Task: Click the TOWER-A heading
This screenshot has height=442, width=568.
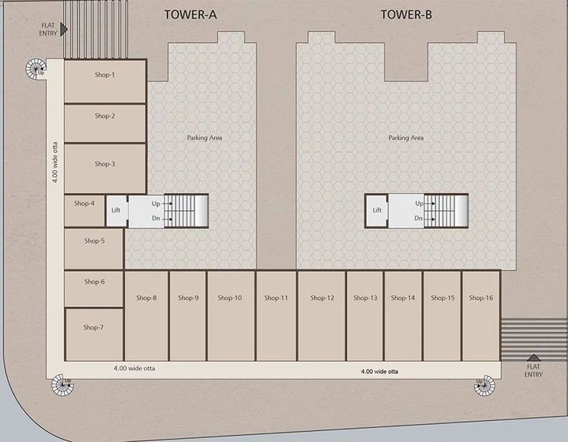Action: point(191,15)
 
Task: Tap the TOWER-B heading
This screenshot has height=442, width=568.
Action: point(406,15)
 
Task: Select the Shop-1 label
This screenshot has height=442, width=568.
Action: point(105,75)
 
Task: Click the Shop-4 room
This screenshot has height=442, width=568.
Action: point(84,211)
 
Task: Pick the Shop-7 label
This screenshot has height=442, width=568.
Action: point(94,327)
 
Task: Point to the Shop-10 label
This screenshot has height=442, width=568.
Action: point(230,298)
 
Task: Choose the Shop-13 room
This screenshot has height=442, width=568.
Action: point(365,315)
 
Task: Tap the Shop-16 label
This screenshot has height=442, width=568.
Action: point(481,298)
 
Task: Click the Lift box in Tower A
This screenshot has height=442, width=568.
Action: point(116,211)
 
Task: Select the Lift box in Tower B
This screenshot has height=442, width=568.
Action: point(377,211)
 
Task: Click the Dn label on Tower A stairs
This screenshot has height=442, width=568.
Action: point(155,219)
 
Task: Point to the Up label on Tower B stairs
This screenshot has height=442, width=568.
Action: point(419,204)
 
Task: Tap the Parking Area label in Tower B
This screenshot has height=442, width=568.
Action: point(405,138)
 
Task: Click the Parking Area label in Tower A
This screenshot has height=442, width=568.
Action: point(204,138)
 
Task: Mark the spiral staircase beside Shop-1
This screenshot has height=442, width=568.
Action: point(35,69)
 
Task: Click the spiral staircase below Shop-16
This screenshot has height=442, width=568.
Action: point(484,386)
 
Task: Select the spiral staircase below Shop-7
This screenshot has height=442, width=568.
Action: point(63,385)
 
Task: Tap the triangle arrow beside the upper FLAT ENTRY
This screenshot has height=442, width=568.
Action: point(64,30)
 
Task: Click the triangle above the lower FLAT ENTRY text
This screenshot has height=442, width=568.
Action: point(534,358)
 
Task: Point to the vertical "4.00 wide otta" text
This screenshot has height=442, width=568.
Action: point(55,162)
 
